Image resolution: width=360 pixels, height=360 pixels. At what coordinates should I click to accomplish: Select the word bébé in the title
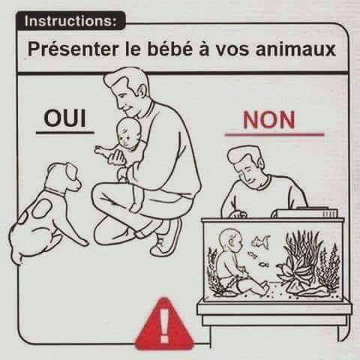(x=170, y=49)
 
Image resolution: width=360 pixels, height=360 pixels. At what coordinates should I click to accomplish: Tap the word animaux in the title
(x=295, y=49)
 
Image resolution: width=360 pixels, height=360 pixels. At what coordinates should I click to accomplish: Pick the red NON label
(x=269, y=120)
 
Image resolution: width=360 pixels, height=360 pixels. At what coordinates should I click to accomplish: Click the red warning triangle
(x=164, y=325)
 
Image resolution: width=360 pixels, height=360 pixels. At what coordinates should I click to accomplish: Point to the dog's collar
(x=55, y=192)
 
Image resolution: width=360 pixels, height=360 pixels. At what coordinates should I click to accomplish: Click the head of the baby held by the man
(x=129, y=133)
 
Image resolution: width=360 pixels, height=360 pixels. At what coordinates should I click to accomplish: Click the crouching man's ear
(x=142, y=91)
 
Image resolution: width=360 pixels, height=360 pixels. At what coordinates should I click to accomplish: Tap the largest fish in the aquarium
(x=260, y=241)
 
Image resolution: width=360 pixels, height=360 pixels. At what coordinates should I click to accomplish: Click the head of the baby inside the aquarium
(x=230, y=241)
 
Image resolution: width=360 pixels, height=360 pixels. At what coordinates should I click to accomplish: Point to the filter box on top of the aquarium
(x=304, y=213)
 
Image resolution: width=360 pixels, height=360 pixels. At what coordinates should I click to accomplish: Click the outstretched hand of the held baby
(x=100, y=151)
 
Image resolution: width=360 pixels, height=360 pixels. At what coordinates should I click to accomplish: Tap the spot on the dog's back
(x=42, y=208)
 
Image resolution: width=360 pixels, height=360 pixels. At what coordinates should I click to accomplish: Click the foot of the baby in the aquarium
(x=263, y=286)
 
